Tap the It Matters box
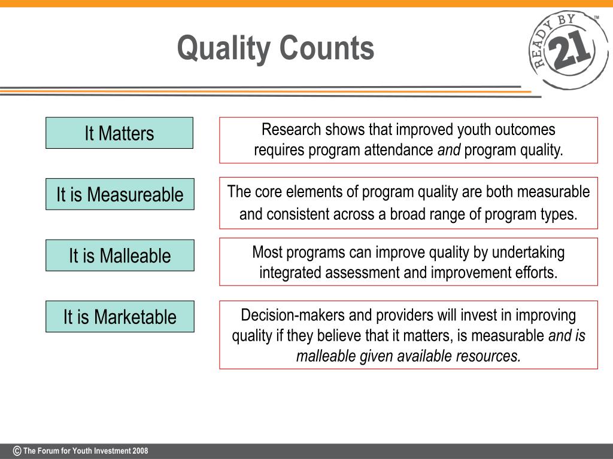click(x=119, y=133)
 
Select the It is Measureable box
click(x=120, y=194)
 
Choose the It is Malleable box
click(x=120, y=255)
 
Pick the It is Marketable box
click(x=120, y=316)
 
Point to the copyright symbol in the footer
click(x=17, y=451)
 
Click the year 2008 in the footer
click(x=141, y=451)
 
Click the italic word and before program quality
click(x=448, y=151)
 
